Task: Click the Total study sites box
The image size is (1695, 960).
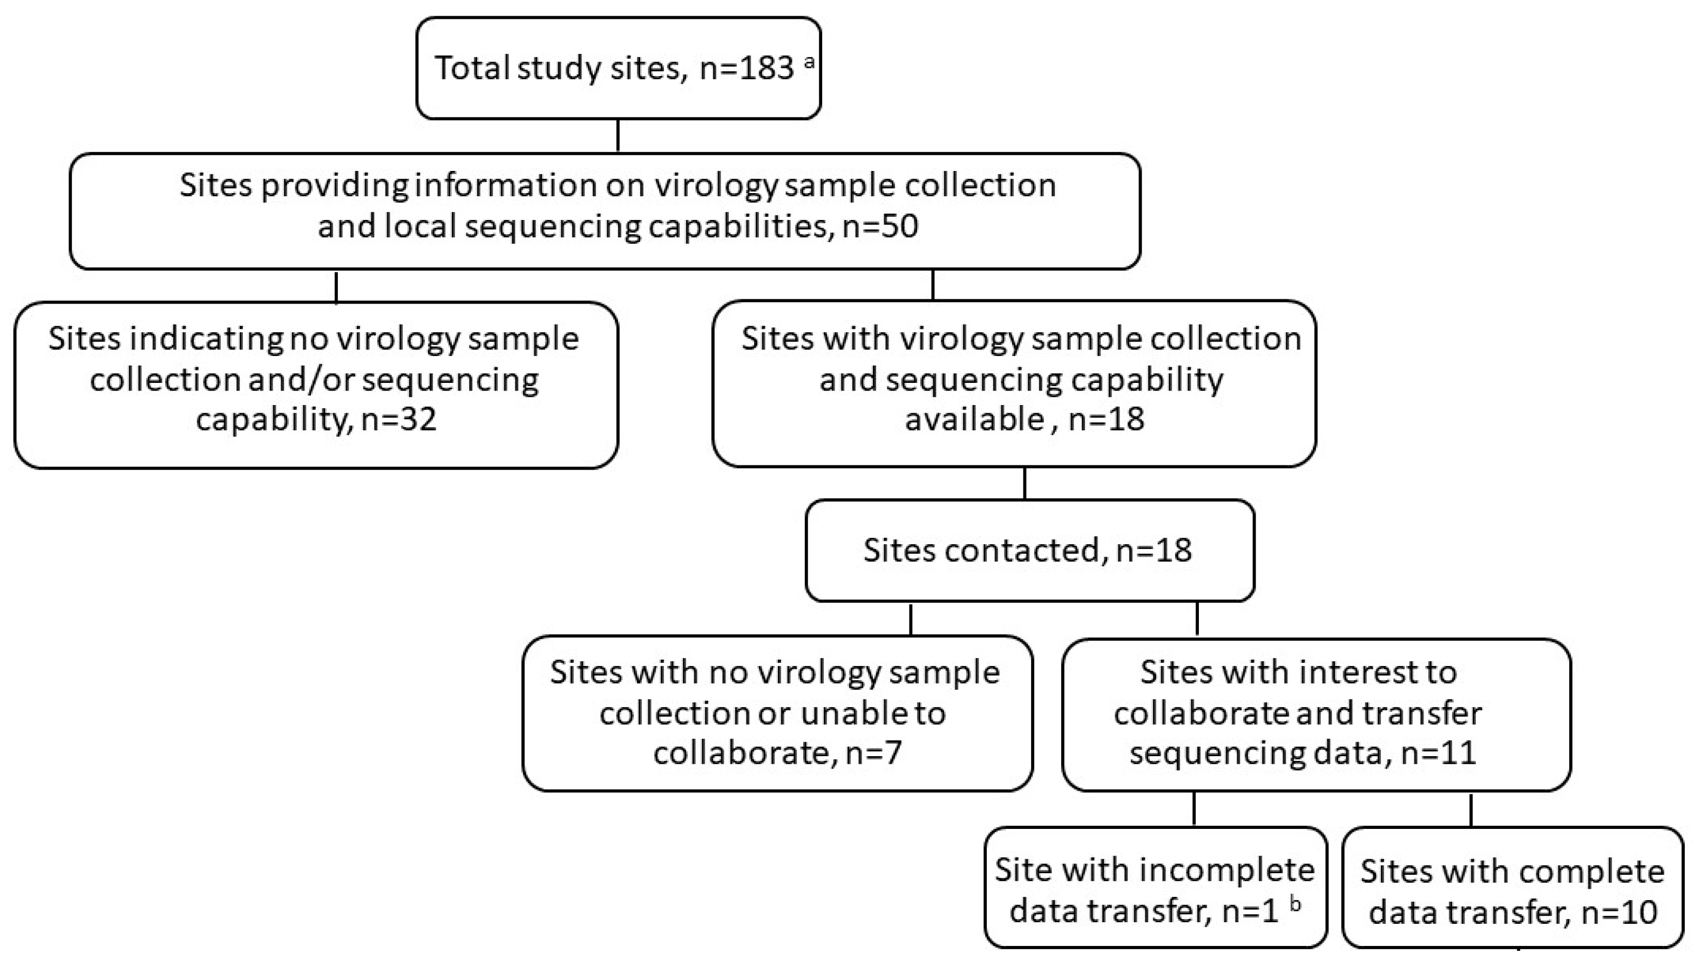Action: [618, 68]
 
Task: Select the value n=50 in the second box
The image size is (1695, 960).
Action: [880, 226]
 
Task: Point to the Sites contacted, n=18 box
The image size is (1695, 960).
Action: [1029, 551]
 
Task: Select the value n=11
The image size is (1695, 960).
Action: [1439, 752]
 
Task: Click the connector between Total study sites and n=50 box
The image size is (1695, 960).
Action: [618, 136]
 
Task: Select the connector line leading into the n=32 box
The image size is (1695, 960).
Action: [336, 286]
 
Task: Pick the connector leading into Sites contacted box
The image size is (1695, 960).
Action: [1024, 483]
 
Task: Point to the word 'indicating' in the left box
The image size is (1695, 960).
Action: [207, 339]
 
